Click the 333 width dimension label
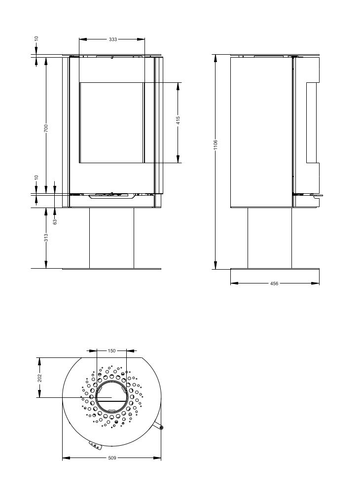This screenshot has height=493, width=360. pos(112,39)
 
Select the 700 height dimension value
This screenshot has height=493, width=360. pos(46,128)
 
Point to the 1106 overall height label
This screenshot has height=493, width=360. pos(216,145)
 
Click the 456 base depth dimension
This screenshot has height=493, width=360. pos(274,283)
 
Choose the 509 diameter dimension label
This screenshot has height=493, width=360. pos(112,458)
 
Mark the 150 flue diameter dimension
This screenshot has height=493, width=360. pos(111,351)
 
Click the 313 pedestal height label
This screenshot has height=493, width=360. pos(46,238)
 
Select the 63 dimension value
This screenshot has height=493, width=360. pos(55,221)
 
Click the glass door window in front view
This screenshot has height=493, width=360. pos(112,123)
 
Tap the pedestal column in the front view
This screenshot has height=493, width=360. pos(112,238)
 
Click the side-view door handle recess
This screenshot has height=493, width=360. pos(313,123)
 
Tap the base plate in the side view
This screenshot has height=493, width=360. pos(275,269)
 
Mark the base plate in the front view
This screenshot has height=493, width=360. pos(112,269)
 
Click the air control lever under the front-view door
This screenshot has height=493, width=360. pos(112,196)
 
